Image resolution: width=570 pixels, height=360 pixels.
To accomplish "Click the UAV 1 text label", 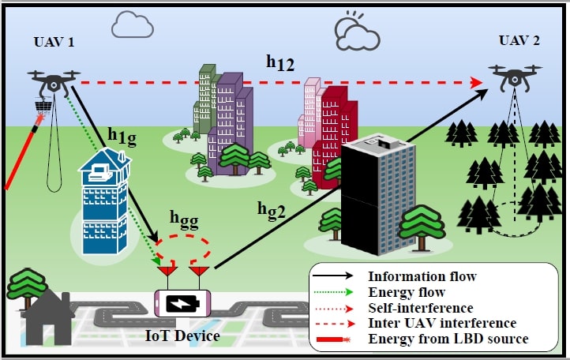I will coord(54,42).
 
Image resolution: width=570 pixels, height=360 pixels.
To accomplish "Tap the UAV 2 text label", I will coord(519,40).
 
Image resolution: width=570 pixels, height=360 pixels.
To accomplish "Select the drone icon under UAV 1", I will coord(54,81).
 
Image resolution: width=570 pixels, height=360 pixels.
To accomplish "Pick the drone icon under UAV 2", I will coord(517,76).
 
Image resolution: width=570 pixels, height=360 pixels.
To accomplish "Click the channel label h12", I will coord(280,64).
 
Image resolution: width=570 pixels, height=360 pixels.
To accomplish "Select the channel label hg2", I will coord(272,208).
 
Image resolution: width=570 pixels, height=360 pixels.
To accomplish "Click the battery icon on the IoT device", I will coord(183,304).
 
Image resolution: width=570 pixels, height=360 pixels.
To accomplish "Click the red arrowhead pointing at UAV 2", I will coord(476,82).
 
